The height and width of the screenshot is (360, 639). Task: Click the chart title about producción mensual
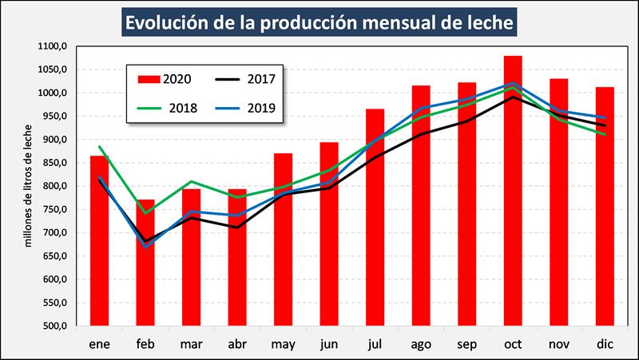[318, 22]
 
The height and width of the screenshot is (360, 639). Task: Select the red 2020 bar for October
[513, 192]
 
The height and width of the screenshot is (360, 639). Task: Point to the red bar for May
[283, 239]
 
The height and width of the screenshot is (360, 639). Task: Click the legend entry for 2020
[164, 79]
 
